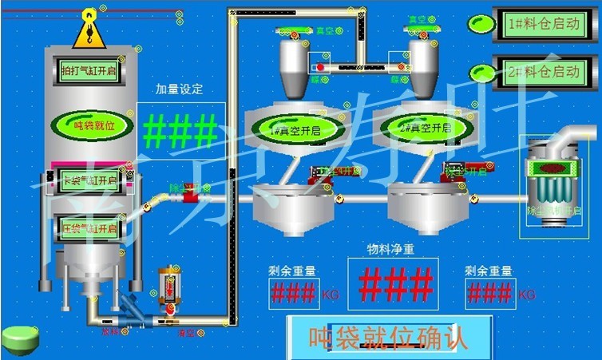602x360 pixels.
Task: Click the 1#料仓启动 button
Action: point(543,24)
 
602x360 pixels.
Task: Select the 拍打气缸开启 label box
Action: point(89,70)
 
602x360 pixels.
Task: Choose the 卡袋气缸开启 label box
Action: point(89,181)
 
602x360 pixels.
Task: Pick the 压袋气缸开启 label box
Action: point(89,229)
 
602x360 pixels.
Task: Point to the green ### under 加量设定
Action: point(180,131)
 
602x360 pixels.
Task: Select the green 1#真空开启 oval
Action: point(293,128)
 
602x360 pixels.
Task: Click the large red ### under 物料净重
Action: point(395,283)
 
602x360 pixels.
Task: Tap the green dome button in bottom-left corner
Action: point(20,339)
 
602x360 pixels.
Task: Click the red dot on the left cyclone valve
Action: point(321,67)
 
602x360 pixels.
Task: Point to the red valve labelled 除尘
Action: point(190,192)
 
